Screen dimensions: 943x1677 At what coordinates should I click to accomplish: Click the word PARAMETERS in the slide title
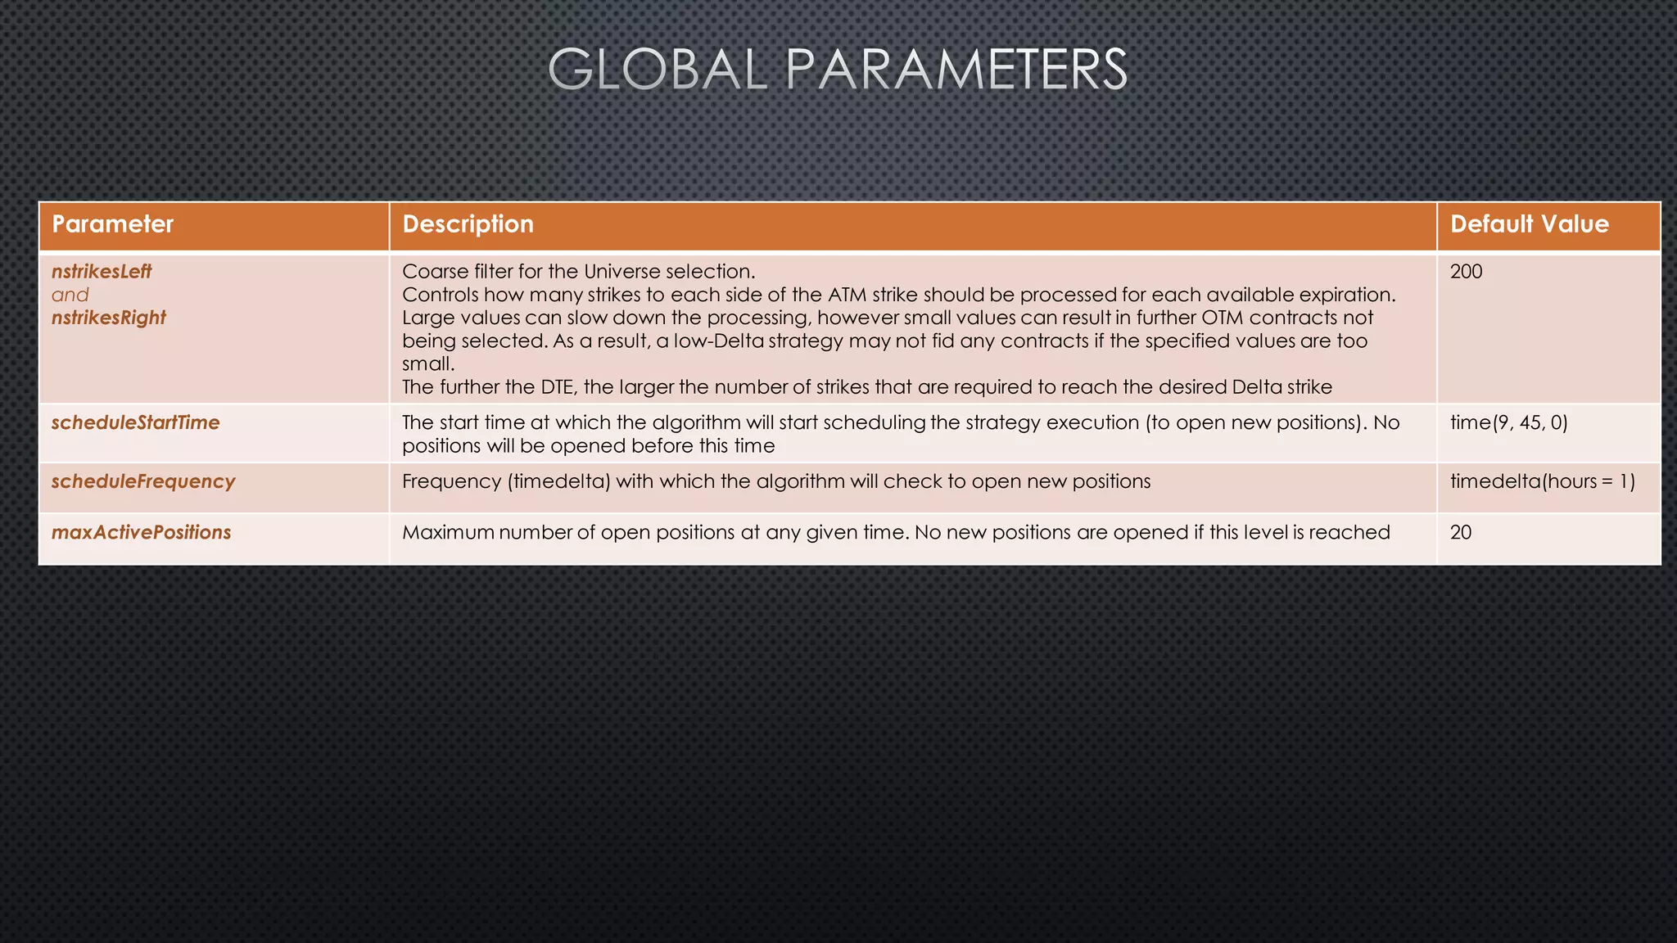[x=956, y=70]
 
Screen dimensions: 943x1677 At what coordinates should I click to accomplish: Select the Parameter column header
[x=113, y=224]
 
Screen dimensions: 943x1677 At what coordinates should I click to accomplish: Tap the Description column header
[x=468, y=224]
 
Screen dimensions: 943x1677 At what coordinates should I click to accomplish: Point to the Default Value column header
[x=1529, y=224]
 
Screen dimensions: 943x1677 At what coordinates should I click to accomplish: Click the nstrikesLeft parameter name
[x=102, y=272]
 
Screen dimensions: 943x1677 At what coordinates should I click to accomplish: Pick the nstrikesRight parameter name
[x=108, y=318]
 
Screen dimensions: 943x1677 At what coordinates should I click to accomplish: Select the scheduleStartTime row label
[x=135, y=422]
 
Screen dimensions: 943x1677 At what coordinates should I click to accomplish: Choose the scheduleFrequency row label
[x=142, y=481]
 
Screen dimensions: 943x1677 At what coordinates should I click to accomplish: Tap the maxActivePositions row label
[x=141, y=532]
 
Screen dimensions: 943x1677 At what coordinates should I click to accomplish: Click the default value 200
[x=1466, y=272]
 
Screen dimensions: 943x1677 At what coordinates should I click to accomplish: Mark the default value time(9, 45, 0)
[x=1508, y=422]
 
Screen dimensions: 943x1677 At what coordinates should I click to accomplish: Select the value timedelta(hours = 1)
[x=1542, y=481]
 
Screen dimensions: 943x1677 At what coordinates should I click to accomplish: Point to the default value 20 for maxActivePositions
[x=1460, y=532]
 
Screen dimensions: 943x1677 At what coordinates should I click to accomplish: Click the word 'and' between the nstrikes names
[x=70, y=295]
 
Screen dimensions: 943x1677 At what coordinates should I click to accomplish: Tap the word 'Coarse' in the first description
[x=434, y=272]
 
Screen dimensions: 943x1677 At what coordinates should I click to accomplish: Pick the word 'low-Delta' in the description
[x=718, y=341]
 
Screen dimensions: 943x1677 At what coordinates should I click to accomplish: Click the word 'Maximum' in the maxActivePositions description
[x=448, y=532]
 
